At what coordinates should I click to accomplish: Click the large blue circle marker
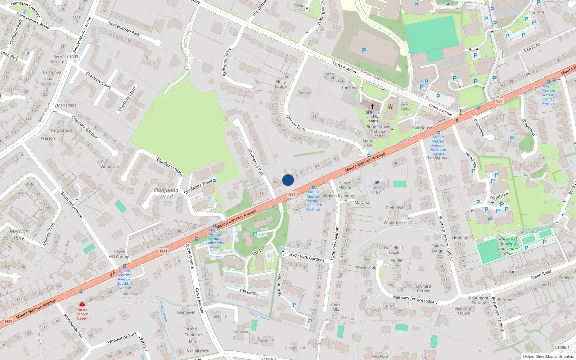(x=288, y=180)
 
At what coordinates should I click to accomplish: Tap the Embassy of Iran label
(x=377, y=190)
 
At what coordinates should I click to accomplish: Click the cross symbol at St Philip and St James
(x=373, y=106)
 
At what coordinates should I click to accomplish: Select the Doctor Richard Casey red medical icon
(x=82, y=304)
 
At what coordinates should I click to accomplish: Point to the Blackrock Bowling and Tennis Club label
(x=508, y=246)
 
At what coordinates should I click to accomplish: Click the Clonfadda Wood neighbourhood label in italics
(x=166, y=193)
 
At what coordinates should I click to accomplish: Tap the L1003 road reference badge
(x=72, y=57)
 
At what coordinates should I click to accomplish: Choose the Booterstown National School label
(x=378, y=131)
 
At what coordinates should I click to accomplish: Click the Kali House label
(x=422, y=128)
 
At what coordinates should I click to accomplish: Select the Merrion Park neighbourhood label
(x=19, y=234)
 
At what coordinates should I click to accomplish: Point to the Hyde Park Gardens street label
(x=307, y=257)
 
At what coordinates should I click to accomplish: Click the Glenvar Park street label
(x=296, y=122)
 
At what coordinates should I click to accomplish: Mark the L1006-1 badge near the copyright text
(x=562, y=347)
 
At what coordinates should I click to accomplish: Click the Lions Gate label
(x=368, y=143)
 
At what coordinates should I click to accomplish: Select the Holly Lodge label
(x=281, y=84)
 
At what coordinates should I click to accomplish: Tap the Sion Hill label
(x=536, y=13)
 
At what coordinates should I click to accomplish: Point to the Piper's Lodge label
(x=437, y=248)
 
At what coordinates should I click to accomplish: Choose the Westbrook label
(x=366, y=267)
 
